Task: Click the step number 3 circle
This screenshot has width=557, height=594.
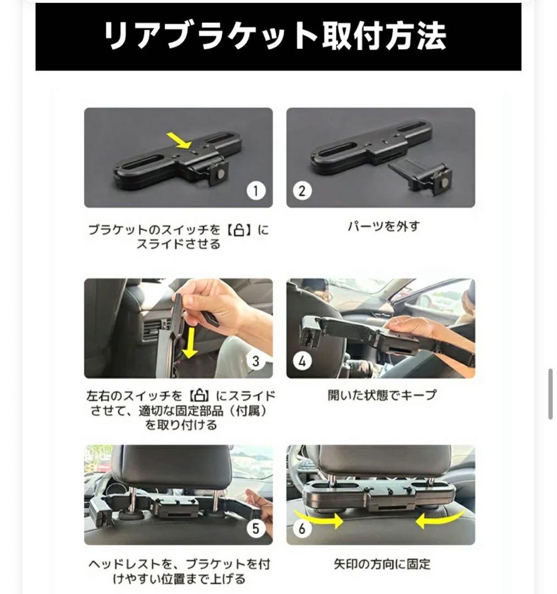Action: (255, 361)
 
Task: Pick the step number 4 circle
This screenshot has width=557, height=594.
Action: (302, 361)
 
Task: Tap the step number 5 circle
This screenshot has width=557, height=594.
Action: (255, 529)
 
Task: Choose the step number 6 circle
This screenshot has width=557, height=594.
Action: (302, 529)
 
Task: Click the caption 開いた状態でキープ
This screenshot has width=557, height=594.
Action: (380, 395)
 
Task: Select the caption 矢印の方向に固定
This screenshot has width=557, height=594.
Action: (380, 564)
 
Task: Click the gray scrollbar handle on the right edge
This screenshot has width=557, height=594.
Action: (550, 394)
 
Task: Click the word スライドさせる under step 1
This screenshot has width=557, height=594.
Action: (178, 244)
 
